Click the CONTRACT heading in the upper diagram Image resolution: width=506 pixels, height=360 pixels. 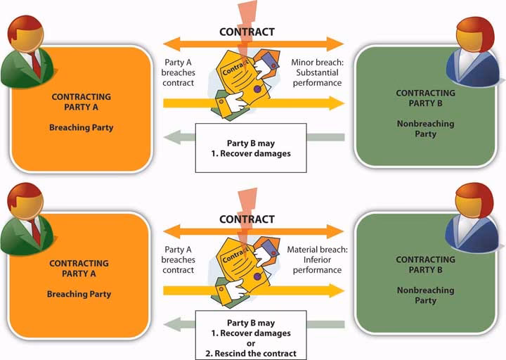(x=247, y=32)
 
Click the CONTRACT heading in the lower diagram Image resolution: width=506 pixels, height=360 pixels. (x=247, y=219)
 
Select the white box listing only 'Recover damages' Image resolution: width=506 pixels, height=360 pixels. (x=251, y=148)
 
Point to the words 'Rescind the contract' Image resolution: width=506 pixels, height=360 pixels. (x=251, y=353)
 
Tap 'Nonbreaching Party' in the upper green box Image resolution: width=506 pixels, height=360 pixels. (x=424, y=129)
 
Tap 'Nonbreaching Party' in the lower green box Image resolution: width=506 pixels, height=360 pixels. (x=424, y=295)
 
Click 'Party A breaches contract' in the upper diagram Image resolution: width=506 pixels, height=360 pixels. (x=179, y=72)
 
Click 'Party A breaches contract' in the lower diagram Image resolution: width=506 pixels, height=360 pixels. (x=179, y=259)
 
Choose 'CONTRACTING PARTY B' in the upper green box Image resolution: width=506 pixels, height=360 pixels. (x=424, y=98)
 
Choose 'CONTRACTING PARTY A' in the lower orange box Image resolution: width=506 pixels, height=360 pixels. (x=79, y=269)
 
